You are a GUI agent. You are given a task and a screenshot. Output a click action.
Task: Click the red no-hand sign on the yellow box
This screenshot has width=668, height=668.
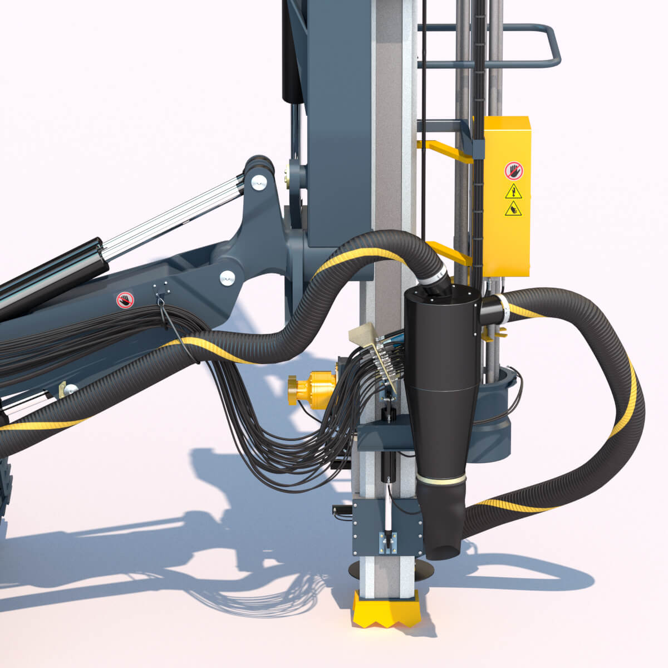pyautogui.click(x=513, y=171)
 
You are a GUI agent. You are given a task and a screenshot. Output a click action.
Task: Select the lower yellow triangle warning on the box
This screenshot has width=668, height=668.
pyautogui.click(x=513, y=209)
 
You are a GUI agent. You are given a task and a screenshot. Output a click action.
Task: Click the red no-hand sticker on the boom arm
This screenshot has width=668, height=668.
pyautogui.click(x=126, y=300)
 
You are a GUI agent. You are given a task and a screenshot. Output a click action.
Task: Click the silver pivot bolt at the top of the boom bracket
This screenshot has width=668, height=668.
pyautogui.click(x=258, y=181)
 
